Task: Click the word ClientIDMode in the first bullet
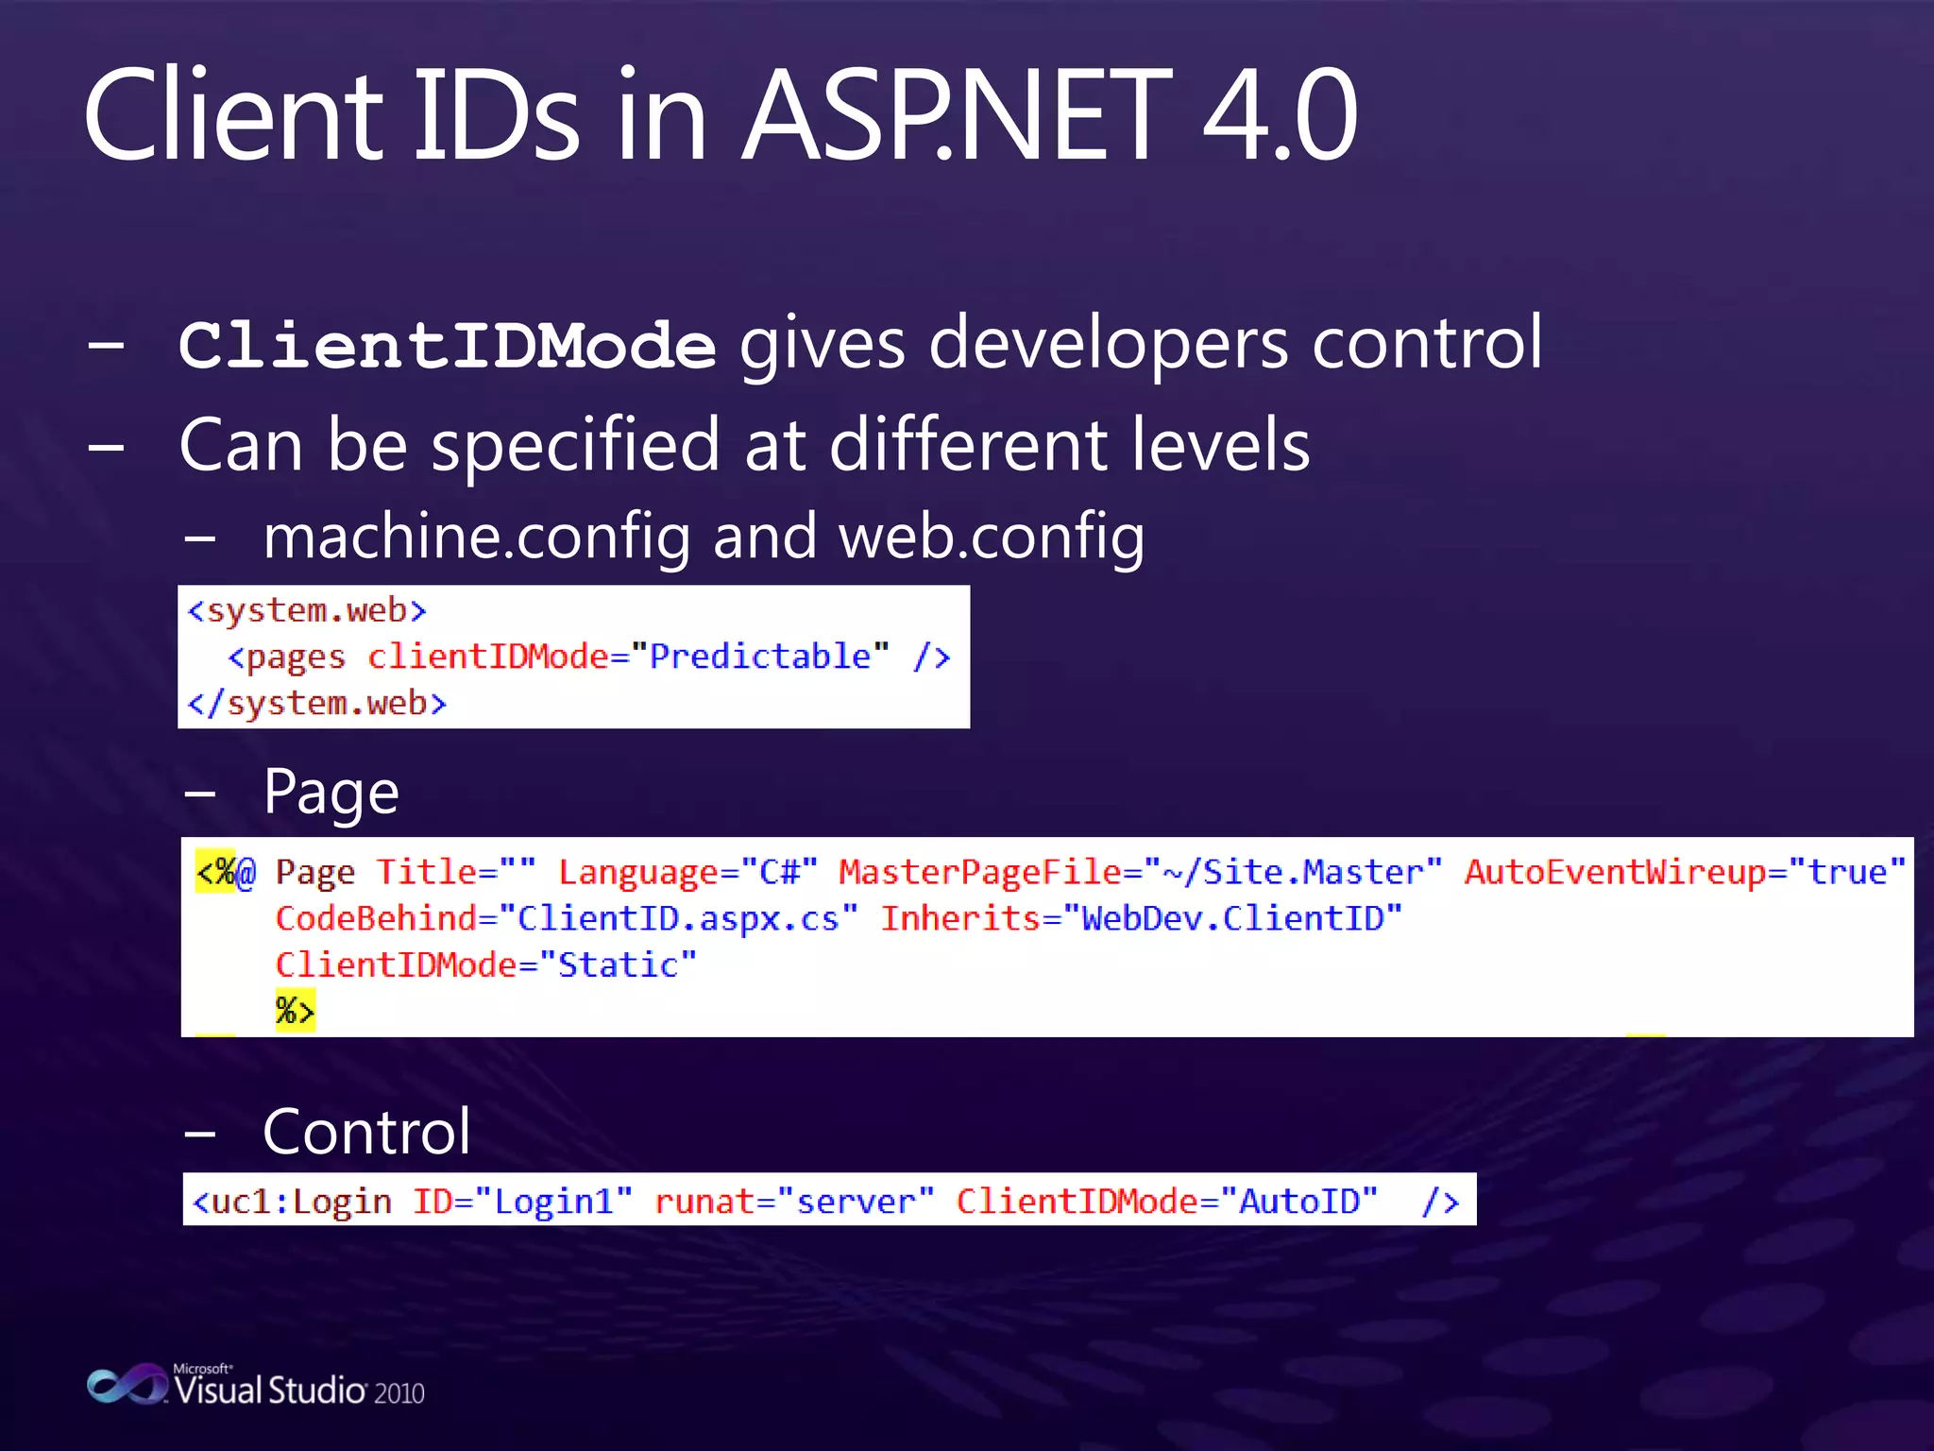(x=447, y=346)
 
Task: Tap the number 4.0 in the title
(x=1280, y=115)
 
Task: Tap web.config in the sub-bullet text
(x=992, y=537)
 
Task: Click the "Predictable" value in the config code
(x=760, y=657)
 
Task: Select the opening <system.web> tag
(x=307, y=610)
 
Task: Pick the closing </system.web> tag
(x=317, y=704)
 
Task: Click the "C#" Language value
(x=780, y=872)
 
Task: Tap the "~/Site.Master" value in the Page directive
(x=1293, y=872)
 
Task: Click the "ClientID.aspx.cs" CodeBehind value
(x=678, y=918)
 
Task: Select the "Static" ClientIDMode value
(x=618, y=965)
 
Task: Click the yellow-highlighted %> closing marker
(x=295, y=1011)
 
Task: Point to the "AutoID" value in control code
(x=1298, y=1202)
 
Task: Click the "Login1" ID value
(x=553, y=1202)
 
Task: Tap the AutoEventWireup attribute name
(x=1615, y=872)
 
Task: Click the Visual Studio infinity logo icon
(x=127, y=1385)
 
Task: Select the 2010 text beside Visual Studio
(x=399, y=1393)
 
